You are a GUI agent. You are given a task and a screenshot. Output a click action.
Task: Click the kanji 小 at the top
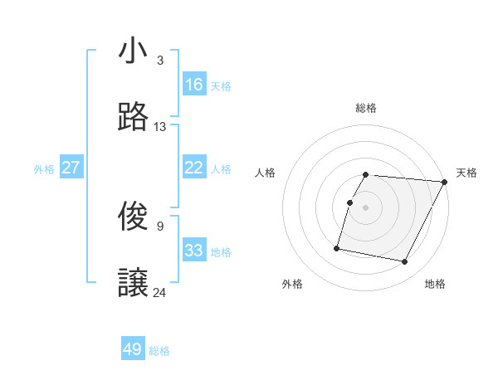133,51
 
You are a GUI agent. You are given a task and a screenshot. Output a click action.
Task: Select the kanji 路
133,118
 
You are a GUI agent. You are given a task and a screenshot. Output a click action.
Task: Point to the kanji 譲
133,284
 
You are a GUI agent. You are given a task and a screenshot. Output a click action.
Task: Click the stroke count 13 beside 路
160,127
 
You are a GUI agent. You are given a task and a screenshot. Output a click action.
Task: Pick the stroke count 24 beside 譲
160,292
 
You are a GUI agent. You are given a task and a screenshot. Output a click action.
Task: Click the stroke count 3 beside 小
160,61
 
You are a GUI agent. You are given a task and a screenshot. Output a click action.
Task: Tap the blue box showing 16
194,85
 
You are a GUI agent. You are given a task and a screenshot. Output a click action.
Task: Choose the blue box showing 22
194,168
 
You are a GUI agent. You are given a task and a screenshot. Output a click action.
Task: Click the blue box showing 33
194,251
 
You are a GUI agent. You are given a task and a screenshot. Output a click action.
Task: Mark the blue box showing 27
71,168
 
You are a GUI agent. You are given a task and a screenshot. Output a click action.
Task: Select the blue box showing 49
133,349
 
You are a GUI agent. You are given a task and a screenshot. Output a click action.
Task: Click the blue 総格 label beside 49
160,351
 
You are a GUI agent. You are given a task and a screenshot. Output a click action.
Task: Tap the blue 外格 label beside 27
44,169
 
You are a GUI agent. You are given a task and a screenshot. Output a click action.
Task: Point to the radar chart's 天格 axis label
466,173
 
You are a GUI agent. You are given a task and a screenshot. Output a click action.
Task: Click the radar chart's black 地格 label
435,285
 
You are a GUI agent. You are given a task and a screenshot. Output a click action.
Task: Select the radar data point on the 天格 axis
446,182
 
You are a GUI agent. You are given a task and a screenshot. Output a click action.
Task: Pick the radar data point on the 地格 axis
404,262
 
